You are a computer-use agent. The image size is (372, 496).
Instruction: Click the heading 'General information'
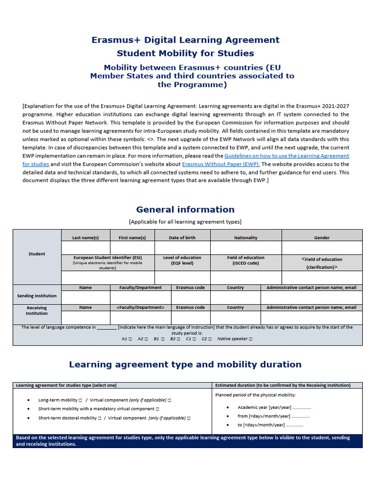point(186,210)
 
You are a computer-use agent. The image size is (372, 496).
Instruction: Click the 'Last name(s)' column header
point(85,238)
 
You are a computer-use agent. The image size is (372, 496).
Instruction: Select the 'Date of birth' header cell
point(182,238)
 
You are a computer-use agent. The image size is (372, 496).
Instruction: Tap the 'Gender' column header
point(322,238)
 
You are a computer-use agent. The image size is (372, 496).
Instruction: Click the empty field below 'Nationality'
point(246,248)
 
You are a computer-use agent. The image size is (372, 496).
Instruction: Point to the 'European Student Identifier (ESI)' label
point(108,258)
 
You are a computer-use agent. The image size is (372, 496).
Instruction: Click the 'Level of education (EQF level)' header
point(182,261)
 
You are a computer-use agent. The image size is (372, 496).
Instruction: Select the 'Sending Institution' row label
point(37,296)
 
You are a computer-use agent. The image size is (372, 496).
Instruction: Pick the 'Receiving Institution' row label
point(37,310)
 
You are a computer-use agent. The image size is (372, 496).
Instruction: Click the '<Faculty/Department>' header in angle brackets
point(140,308)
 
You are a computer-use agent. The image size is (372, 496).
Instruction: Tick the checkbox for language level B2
point(179,339)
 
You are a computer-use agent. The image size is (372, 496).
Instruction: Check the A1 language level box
point(130,339)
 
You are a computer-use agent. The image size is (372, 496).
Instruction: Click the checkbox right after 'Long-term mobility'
point(80,401)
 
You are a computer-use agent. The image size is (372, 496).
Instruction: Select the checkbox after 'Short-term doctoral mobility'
point(99,418)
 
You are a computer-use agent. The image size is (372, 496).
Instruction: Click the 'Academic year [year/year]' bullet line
point(274,408)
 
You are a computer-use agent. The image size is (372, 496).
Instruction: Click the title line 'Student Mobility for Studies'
point(186,53)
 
